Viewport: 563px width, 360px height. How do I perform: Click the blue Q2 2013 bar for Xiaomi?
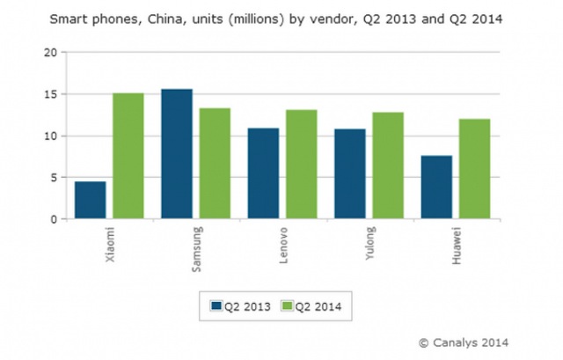coord(90,201)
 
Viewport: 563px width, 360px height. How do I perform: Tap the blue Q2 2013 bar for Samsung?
coord(177,154)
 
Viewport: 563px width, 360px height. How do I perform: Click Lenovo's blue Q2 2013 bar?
coord(263,174)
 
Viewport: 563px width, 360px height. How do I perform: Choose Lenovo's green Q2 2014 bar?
coord(301,165)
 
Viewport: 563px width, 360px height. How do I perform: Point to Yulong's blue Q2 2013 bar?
coord(350,174)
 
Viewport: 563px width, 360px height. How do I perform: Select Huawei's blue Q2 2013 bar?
coord(437,187)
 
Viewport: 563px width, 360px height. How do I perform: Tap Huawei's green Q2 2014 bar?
coord(475,169)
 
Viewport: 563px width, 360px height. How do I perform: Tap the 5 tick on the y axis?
coord(55,178)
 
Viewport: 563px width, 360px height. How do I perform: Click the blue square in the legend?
coord(216,305)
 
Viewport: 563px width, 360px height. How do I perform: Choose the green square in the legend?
coord(286,305)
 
